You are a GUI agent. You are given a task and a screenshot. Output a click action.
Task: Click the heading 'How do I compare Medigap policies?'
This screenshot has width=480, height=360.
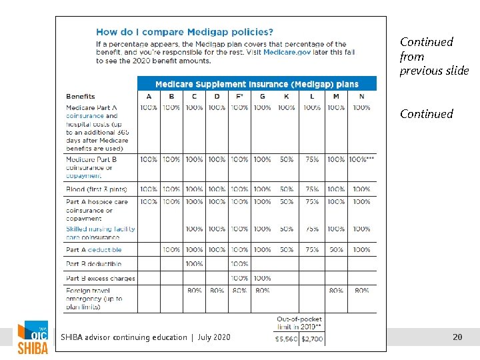[x=185, y=31]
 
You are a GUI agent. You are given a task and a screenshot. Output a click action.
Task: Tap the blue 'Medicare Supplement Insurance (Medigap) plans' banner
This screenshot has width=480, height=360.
[x=257, y=84]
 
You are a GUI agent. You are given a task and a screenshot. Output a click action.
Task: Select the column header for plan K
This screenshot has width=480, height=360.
[x=286, y=97]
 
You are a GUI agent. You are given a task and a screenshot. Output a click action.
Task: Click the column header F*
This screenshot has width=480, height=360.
[x=239, y=97]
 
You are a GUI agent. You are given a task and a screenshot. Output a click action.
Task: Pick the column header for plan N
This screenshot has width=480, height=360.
[x=361, y=97]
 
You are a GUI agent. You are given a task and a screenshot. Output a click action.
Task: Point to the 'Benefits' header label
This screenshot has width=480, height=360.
[x=81, y=97]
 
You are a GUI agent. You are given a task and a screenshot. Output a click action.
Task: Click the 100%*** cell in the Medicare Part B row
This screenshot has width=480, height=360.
[x=361, y=159]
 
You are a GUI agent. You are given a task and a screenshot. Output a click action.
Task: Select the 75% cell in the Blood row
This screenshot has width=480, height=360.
[x=312, y=189]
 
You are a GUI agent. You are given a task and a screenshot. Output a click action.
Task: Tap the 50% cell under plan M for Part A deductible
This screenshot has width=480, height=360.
[x=336, y=250]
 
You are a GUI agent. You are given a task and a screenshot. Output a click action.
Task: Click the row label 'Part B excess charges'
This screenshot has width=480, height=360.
[x=100, y=278]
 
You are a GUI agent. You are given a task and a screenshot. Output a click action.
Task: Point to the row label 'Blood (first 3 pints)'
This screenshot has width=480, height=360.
[x=97, y=189]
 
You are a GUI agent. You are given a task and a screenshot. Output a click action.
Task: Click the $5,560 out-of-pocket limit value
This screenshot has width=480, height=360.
[x=287, y=339]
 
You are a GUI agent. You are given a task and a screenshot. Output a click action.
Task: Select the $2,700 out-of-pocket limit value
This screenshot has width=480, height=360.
[x=312, y=339]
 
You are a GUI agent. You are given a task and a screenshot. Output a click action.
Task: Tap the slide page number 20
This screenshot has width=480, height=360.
[x=457, y=337]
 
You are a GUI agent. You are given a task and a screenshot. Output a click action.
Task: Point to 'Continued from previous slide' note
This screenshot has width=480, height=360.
[x=434, y=56]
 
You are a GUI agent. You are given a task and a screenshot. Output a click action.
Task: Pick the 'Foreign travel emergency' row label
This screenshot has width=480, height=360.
[x=94, y=299]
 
